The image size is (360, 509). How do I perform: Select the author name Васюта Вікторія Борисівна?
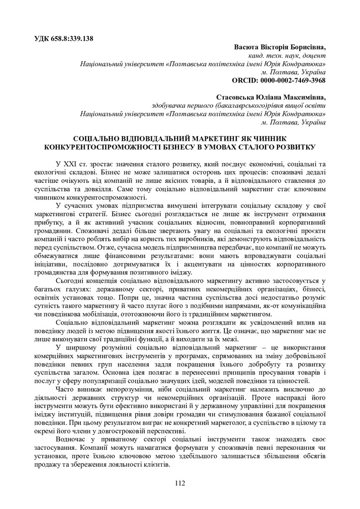pyautogui.click(x=280, y=47)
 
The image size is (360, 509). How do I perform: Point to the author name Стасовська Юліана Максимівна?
pyautogui.click(x=271, y=97)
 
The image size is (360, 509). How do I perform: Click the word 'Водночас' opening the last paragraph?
pyautogui.click(x=73, y=440)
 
